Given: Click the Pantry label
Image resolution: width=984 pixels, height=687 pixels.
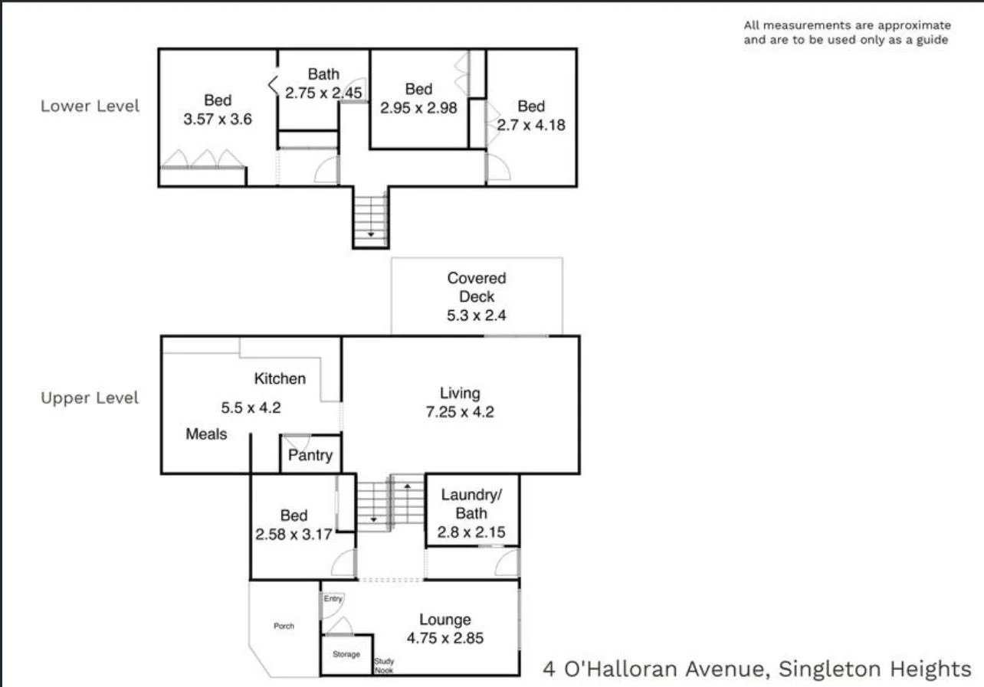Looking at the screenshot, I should coord(310,456).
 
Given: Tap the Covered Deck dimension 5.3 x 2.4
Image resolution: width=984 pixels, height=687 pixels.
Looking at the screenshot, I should coord(477,315).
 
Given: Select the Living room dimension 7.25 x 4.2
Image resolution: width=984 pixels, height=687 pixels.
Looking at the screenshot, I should coord(460,412).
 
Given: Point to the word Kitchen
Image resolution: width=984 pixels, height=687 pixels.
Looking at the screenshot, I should coord(280,378).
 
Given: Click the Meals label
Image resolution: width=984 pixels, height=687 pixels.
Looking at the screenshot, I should coord(206,434).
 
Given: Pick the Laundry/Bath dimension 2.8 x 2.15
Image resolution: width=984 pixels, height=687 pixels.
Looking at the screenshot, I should coord(471,532).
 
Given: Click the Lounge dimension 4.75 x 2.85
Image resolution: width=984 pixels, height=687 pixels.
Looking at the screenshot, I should coord(444,637).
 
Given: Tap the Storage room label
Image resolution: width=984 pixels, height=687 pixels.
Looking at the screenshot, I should coord(346,655).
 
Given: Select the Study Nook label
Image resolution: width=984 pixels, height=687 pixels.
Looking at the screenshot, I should coord(384,665).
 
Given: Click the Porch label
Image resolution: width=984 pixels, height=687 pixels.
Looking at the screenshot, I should coord(284,626).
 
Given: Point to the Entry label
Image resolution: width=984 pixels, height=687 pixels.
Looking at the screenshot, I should coord(333,599).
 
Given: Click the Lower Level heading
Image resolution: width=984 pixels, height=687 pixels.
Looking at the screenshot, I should coord(90,106).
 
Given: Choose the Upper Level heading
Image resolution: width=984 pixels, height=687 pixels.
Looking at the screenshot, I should coord(90,398).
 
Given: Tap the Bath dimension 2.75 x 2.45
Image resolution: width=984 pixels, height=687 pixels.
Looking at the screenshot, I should coord(323,93).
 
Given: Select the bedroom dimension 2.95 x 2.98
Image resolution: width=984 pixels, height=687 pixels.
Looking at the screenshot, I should coord(418,107).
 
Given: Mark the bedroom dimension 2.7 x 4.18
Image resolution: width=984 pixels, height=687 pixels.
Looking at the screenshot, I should coord(531,125).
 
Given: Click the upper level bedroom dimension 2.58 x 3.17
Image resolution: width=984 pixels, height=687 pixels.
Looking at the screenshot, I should coord(294,534).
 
